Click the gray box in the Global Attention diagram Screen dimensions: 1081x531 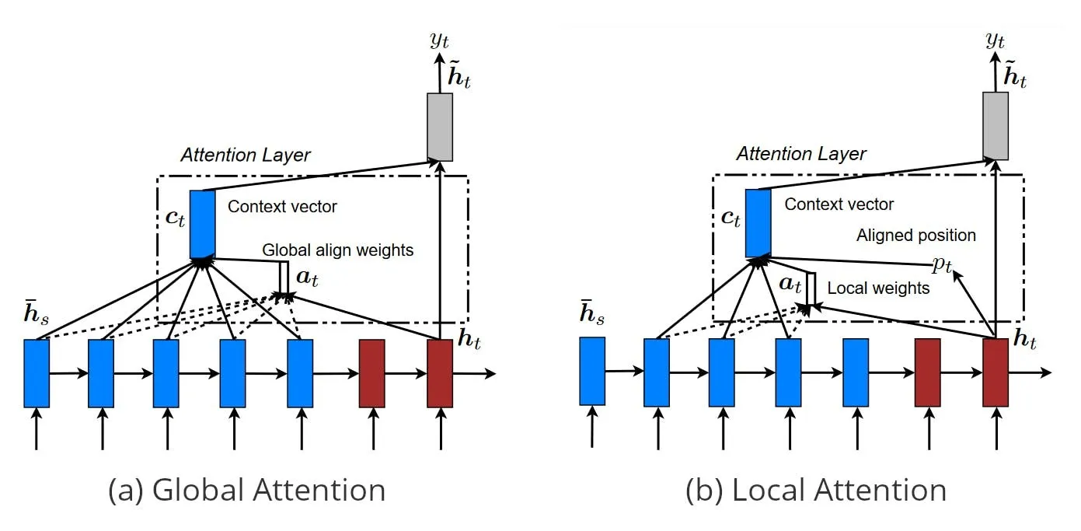(440, 127)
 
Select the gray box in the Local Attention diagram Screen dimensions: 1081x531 (995, 126)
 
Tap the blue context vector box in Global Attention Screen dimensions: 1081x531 (202, 224)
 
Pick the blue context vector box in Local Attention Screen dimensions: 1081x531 (758, 223)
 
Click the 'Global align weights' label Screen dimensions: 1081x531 (338, 250)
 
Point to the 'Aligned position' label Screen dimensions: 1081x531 (916, 236)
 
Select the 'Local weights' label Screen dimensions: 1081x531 (878, 288)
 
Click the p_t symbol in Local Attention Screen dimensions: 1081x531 (942, 264)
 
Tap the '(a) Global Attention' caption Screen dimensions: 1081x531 (246, 491)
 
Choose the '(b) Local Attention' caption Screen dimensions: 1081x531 (815, 491)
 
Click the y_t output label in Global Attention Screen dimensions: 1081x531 (439, 40)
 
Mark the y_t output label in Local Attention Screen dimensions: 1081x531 (995, 40)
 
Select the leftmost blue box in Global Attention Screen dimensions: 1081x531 (37, 373)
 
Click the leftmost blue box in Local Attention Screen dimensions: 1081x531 (592, 371)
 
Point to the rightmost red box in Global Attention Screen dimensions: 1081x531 (440, 373)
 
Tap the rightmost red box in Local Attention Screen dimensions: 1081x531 (995, 372)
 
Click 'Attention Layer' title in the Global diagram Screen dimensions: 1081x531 (246, 155)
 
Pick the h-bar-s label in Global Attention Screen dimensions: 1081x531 (37, 313)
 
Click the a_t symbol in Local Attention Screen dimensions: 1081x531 (790, 284)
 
